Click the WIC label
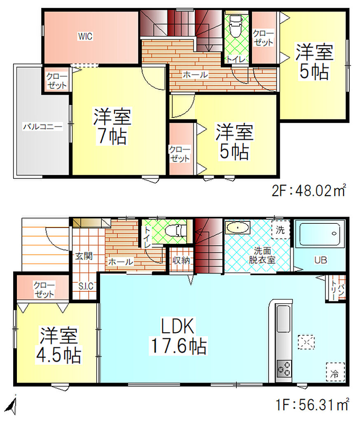coord(85,36)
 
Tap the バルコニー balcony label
coord(42,126)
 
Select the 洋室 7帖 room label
coord(112,126)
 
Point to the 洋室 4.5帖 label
coord(58,345)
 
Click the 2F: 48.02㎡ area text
coord(309,190)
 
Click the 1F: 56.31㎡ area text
coord(312,405)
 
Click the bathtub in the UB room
coord(320,234)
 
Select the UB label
coord(320,260)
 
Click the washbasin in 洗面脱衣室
coord(238,227)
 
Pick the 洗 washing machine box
coord(281,230)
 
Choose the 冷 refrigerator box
coord(335,372)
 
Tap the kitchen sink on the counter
coord(283,319)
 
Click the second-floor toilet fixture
coord(236,26)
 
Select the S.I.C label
coord(86,286)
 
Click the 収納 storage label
coord(181,260)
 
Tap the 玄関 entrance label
coord(84,256)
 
